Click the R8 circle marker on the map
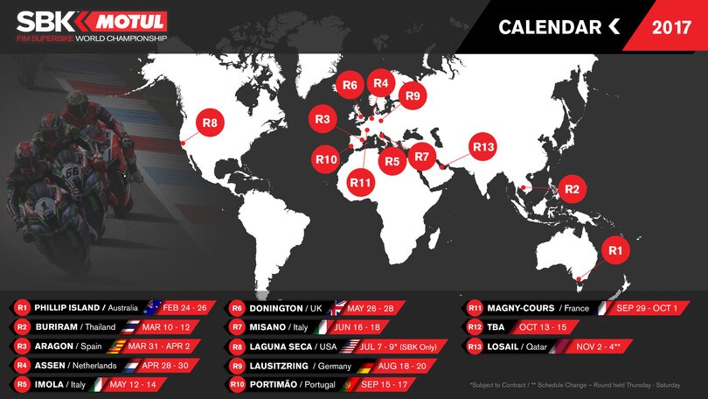[x=210, y=123]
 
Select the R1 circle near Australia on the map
[x=615, y=250]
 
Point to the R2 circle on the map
[x=572, y=188]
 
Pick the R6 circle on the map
[x=350, y=85]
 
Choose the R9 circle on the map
[x=413, y=95]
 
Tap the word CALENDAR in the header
[x=547, y=27]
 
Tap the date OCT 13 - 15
[x=543, y=327]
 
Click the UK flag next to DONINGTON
[x=337, y=308]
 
